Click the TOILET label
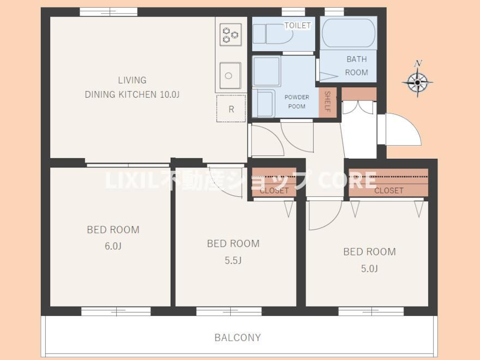[298, 25]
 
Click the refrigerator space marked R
[231, 109]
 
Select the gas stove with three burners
[231, 34]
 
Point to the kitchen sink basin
[230, 76]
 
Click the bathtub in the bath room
[349, 33]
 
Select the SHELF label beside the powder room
[327, 101]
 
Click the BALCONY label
[238, 337]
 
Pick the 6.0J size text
[113, 246]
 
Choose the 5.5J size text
[233, 260]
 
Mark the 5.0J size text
[369, 268]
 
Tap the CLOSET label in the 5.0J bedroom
[388, 190]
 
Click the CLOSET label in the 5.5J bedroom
[274, 190]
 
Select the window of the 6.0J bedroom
[116, 311]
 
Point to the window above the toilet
[293, 12]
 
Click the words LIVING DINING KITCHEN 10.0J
[132, 87]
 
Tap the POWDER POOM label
[297, 101]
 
